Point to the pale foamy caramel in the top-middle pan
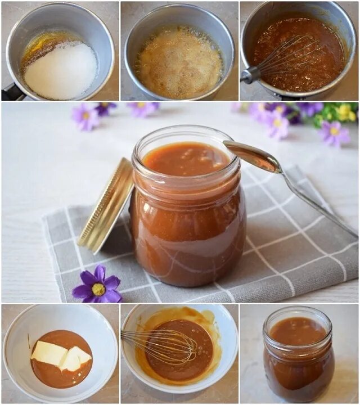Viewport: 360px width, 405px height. (x=179, y=63)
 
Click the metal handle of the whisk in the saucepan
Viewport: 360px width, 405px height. (x=251, y=75)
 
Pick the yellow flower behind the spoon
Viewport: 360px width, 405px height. (x=344, y=112)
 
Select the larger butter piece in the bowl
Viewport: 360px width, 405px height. (x=49, y=353)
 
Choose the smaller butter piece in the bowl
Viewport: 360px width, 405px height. (x=76, y=358)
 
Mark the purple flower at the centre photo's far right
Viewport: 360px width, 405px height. (x=334, y=133)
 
